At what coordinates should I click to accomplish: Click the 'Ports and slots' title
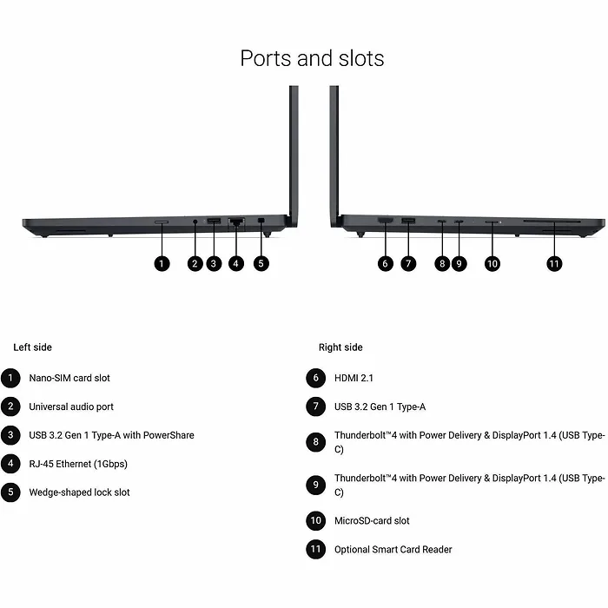tap(312, 58)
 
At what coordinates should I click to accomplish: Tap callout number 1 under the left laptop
tap(162, 264)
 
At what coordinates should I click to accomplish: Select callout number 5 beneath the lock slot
tap(261, 264)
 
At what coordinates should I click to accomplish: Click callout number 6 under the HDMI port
tap(385, 264)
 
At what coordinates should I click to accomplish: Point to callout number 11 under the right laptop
tap(554, 264)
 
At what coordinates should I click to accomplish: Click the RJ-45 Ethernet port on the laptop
tap(236, 221)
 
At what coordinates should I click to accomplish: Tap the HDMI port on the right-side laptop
tap(385, 221)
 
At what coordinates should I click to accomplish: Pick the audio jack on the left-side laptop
tap(195, 221)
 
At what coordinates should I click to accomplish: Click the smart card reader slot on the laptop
tap(552, 221)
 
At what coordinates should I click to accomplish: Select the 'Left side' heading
tap(33, 347)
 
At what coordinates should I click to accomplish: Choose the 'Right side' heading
tap(340, 347)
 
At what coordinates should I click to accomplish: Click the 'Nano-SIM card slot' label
tap(69, 378)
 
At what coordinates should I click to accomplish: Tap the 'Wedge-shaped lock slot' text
tap(80, 492)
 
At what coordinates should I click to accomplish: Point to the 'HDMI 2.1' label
tap(354, 378)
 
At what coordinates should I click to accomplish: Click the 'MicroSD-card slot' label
tap(372, 520)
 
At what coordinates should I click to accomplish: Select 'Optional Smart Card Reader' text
tap(393, 549)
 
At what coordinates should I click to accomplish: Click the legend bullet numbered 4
tap(10, 464)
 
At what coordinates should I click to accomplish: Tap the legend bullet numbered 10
tap(315, 520)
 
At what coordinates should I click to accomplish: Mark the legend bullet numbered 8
tap(315, 442)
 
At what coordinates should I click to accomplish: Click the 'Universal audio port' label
tap(71, 406)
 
